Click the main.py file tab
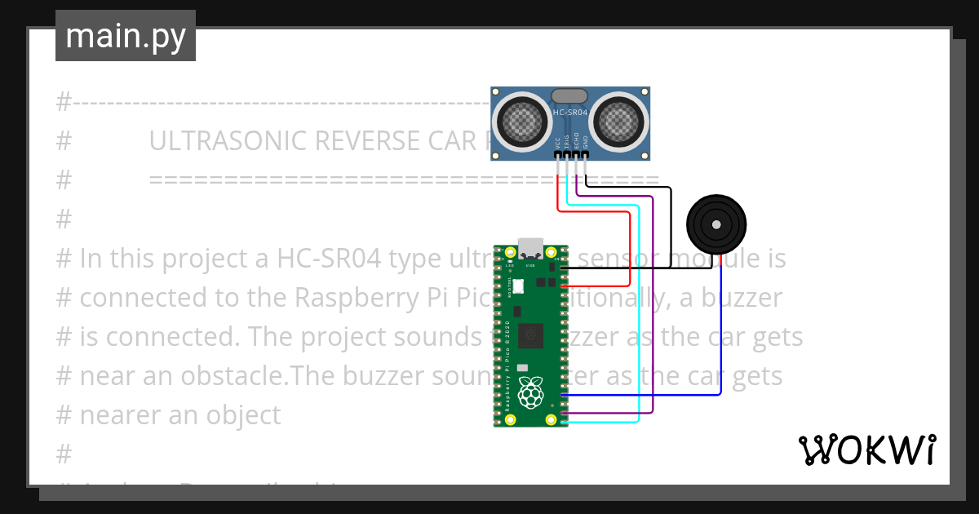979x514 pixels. pos(125,36)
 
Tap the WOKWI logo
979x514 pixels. pos(866,450)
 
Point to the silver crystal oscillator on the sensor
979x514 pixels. pos(569,96)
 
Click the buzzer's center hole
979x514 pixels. pos(716,224)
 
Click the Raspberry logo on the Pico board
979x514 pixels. pos(531,393)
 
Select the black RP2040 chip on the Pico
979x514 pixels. pos(532,335)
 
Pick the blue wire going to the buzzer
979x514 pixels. pos(720,343)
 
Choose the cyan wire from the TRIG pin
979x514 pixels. pos(638,326)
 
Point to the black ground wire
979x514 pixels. pos(671,220)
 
